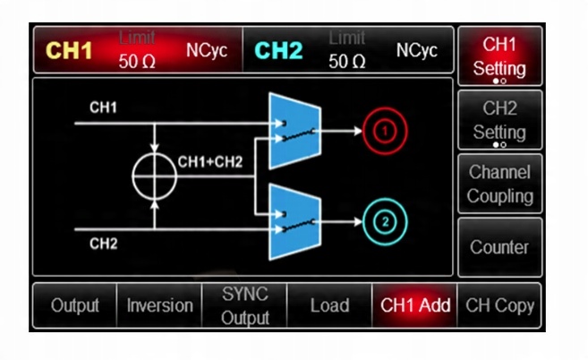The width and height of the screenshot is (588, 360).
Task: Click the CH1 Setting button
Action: coord(499,56)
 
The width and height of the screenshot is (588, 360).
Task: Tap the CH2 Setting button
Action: coord(499,120)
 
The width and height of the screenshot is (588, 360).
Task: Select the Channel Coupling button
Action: coord(499,184)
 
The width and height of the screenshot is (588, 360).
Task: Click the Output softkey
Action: coord(75,305)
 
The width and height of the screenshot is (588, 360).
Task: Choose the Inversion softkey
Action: coord(159,305)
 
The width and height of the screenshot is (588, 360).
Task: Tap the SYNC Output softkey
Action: coord(245,305)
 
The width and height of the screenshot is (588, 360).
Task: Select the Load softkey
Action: coord(329,305)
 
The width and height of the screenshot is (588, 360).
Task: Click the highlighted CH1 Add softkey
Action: coord(415,305)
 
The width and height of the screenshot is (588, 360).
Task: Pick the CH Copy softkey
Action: coord(499,305)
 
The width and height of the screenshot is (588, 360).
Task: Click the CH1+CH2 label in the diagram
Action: coord(210,162)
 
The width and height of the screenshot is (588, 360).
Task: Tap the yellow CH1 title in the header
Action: coord(70,51)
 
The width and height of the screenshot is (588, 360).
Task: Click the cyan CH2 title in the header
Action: coord(278,51)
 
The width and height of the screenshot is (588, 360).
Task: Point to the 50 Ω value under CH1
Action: coord(138,62)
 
